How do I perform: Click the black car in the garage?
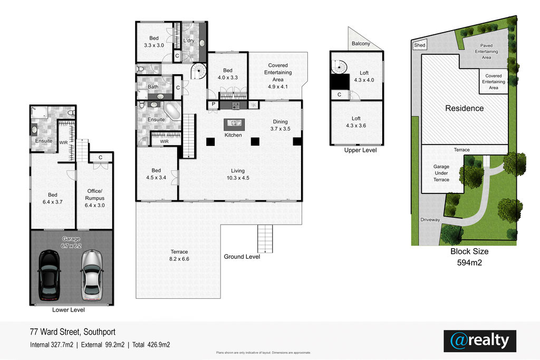click(49, 275)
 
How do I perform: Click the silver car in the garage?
click(92, 275)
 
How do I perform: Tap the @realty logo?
click(480, 340)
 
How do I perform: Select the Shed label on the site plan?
click(419, 45)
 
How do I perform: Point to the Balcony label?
click(361, 44)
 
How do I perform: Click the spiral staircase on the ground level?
click(199, 71)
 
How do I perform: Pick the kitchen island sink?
click(234, 123)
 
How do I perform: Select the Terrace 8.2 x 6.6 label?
click(179, 255)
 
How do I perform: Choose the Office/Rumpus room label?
click(95, 198)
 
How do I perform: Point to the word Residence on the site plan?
click(464, 109)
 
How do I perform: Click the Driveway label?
click(430, 220)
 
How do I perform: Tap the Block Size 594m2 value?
click(469, 262)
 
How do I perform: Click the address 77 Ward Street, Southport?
click(73, 332)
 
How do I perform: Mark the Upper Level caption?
click(360, 150)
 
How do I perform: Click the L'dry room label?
click(189, 40)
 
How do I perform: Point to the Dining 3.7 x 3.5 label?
click(280, 125)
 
